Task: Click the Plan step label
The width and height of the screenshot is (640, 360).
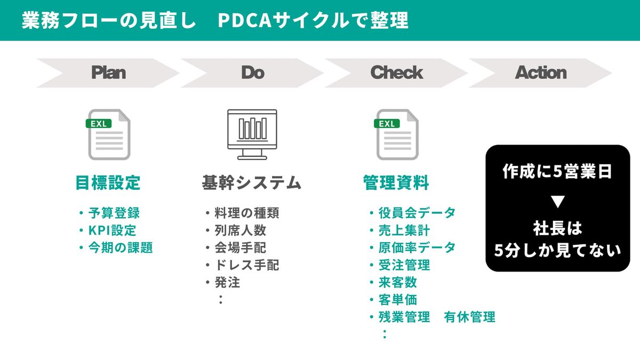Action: [108, 73]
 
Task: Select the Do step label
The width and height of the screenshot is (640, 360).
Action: [252, 73]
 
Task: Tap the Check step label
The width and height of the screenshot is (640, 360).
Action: [396, 73]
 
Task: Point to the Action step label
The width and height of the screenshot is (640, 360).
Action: [540, 73]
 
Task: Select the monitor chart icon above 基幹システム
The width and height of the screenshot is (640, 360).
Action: [252, 134]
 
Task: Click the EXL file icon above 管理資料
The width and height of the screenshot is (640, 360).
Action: [397, 134]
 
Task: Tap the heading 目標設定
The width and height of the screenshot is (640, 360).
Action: [108, 183]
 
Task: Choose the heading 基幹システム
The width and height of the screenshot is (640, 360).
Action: [252, 183]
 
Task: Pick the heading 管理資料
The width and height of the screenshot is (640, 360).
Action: [396, 183]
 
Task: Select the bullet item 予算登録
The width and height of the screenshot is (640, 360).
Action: [114, 213]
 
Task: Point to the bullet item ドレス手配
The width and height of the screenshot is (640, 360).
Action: [246, 265]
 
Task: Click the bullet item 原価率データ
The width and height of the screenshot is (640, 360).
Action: [417, 247]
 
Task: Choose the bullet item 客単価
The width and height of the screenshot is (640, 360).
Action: [397, 300]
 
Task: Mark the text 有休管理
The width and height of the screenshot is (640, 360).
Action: [469, 317]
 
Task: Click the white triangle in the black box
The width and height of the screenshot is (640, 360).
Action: [557, 202]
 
